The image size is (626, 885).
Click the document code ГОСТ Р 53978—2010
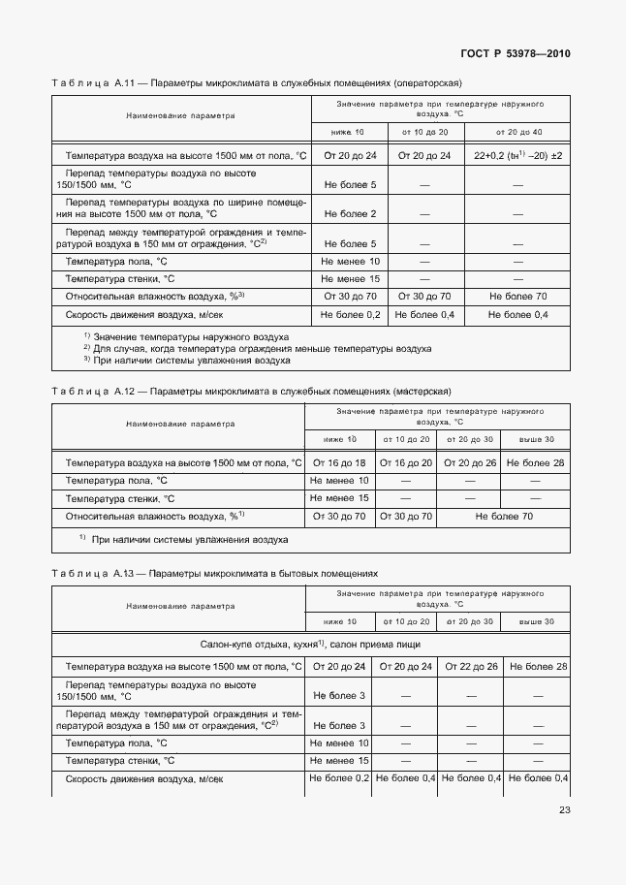tap(514, 53)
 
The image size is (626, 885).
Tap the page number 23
tap(564, 811)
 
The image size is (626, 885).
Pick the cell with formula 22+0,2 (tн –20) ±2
tap(518, 155)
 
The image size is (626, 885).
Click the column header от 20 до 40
tap(518, 131)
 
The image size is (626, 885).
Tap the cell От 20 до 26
tap(470, 463)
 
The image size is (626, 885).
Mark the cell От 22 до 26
tap(470, 666)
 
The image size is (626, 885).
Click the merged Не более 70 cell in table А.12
tap(502, 517)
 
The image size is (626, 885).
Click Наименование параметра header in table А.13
tap(180, 606)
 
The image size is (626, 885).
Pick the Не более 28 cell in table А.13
tap(537, 666)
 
